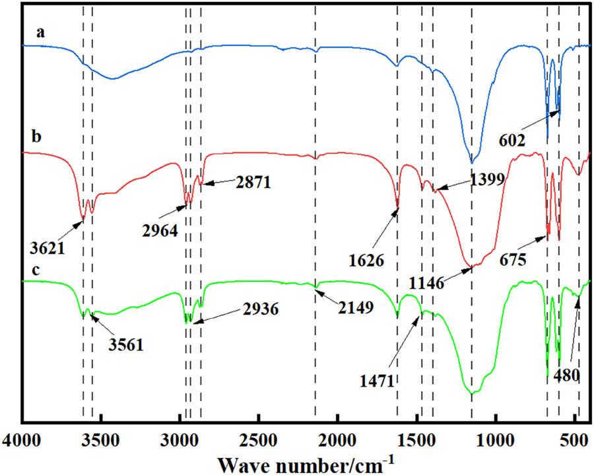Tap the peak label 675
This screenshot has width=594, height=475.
pos(511,259)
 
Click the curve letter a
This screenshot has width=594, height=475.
pos(40,32)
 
